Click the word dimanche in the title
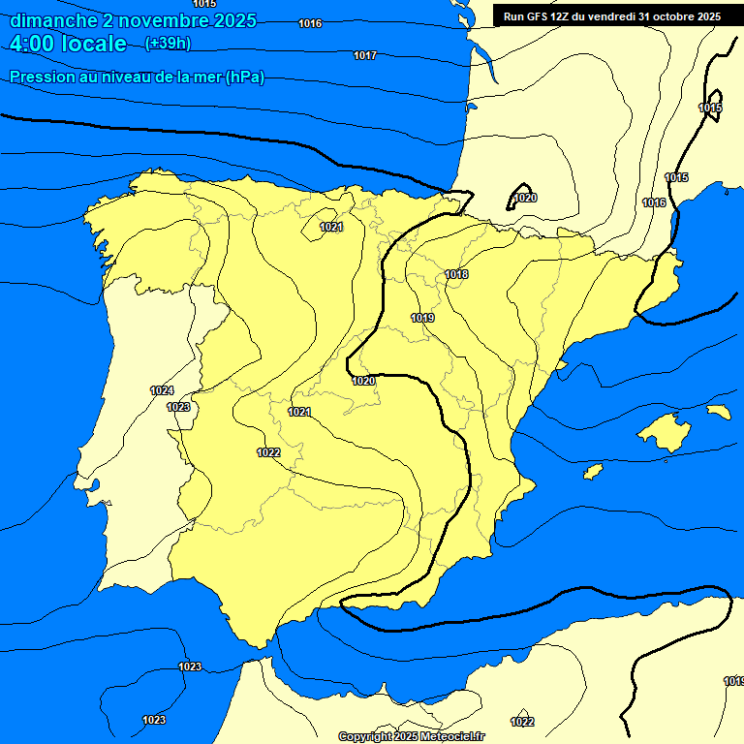coord(54,20)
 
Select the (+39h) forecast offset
coord(168,44)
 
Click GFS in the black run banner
coord(536,16)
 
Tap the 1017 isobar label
coord(365,55)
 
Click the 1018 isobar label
coord(456,275)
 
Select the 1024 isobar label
coord(162,390)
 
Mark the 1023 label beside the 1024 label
coord(178,408)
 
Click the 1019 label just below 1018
coord(422,318)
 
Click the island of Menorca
coord(718,412)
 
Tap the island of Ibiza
coord(594,471)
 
